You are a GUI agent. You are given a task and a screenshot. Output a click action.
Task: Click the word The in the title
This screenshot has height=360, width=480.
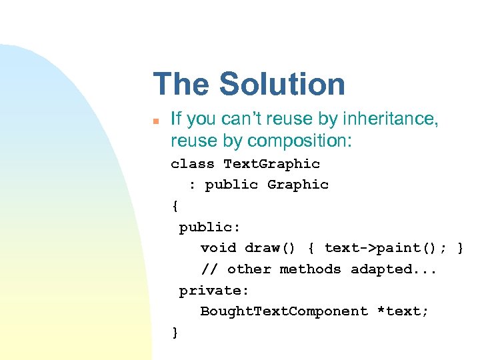point(181,85)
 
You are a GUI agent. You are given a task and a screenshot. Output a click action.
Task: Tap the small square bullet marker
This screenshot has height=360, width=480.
point(155,121)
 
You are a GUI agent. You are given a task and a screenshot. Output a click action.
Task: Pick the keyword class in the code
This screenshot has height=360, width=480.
point(193,164)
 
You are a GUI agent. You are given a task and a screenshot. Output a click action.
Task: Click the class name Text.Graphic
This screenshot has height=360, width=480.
point(271,164)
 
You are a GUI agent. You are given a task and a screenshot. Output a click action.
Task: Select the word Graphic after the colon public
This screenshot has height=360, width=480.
point(298,185)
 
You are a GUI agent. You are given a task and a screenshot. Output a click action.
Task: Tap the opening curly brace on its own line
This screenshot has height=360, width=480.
point(175,206)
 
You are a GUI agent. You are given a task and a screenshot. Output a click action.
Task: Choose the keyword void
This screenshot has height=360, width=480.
point(219,248)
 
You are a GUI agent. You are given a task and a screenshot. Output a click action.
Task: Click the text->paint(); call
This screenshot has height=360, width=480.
point(386,248)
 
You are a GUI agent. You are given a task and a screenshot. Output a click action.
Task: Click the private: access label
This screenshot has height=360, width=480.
point(214,291)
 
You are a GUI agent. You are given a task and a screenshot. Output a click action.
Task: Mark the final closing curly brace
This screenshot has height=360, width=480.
point(175,333)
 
